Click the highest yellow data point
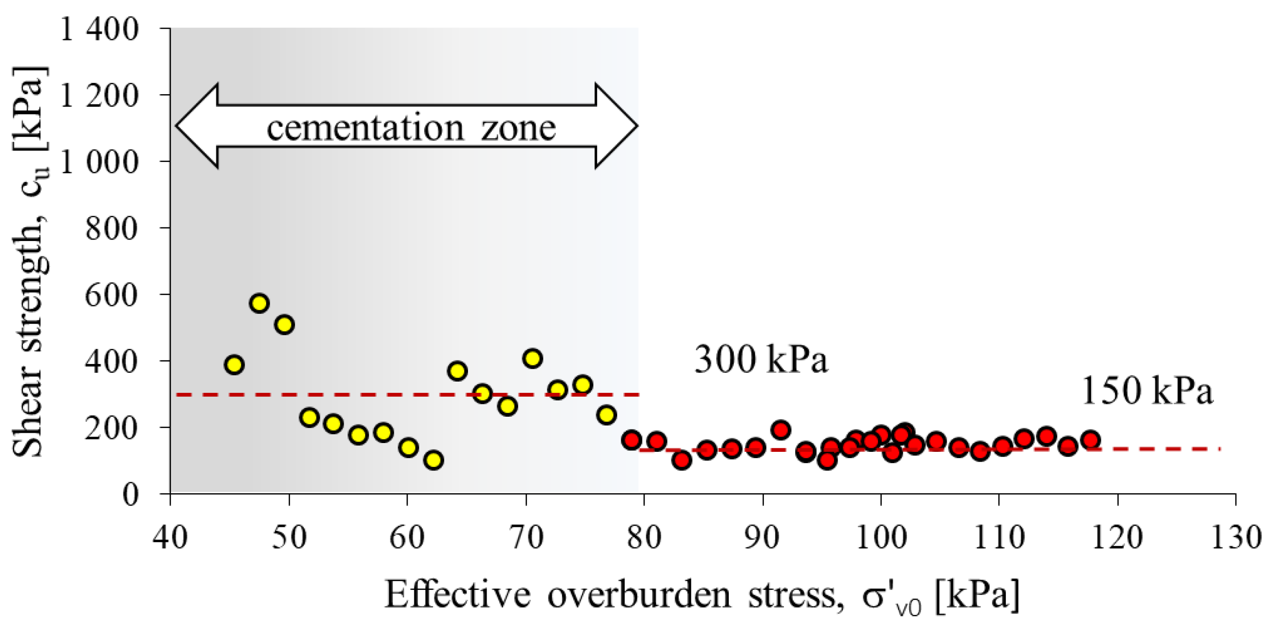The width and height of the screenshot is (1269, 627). pos(259,303)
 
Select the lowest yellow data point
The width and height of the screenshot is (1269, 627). pos(433,461)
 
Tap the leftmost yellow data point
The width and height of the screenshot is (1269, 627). pos(234,365)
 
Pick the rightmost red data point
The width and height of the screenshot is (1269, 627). pos(1091,440)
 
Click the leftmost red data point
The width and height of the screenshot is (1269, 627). pos(631,439)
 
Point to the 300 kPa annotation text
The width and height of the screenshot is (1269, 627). pos(761,360)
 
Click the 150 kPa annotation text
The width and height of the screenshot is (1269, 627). pos(1146,391)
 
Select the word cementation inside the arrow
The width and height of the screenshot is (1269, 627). pos(365,128)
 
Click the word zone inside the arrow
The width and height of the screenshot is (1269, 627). pos(518,128)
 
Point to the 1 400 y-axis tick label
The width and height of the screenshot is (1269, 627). pos(98,30)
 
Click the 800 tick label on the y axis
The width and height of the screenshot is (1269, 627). pos(111,229)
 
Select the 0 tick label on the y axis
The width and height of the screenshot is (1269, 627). pos(130,494)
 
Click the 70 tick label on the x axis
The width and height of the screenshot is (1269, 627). pos(526,537)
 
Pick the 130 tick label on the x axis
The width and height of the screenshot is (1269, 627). pos(1235,537)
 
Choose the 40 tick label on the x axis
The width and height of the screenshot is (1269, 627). pos(170,537)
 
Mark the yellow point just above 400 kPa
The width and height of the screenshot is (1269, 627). pos(532,358)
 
